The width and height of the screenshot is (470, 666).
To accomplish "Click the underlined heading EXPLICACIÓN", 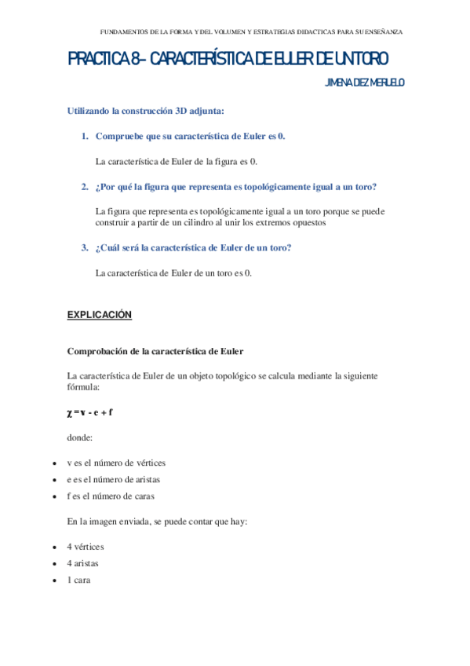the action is click(x=100, y=315).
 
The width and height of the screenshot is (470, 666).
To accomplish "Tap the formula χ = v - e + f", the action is click(x=91, y=412).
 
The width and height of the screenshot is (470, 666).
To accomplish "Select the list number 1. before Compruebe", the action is click(x=85, y=136).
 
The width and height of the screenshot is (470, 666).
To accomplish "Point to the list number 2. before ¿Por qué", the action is click(x=85, y=186).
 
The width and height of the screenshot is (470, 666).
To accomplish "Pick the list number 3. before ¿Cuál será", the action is click(x=85, y=247).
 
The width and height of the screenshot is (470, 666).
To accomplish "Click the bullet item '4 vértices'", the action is click(x=86, y=546).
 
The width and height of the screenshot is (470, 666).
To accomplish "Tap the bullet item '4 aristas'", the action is click(x=83, y=563).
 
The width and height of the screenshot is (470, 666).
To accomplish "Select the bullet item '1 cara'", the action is click(x=80, y=580).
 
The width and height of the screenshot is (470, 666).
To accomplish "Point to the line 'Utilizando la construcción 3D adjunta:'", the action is click(x=146, y=111).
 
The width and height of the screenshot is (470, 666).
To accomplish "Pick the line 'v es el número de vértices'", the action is click(x=116, y=462).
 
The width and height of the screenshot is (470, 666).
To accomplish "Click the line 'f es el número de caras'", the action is click(x=111, y=496).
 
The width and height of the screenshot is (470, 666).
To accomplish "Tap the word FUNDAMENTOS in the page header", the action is click(x=126, y=32).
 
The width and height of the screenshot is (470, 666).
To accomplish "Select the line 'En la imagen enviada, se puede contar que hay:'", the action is click(x=158, y=521).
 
